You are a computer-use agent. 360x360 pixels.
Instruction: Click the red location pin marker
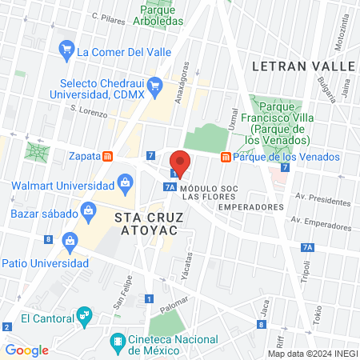181,162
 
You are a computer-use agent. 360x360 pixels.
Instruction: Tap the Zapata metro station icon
107,157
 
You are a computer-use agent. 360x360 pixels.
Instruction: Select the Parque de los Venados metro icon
226,157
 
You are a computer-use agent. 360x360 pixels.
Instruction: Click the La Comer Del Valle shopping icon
66,52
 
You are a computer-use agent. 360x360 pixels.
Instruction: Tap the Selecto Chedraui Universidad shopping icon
156,85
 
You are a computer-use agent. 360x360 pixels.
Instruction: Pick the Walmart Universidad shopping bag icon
125,185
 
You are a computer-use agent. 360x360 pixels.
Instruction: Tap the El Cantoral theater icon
83,318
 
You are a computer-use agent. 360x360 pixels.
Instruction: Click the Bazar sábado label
45,214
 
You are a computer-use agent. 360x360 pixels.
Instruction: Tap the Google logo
27,350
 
